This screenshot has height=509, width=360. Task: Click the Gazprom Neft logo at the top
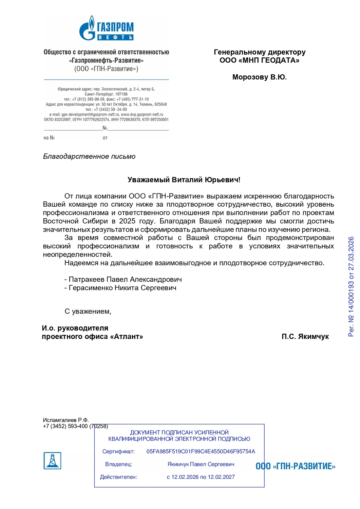pos(106,28)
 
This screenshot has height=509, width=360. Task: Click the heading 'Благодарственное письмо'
pos(89,156)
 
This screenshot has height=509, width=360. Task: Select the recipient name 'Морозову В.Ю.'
pos(259,77)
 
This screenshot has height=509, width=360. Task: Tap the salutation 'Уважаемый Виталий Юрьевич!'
pos(184,180)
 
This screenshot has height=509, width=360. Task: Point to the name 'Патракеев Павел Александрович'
pos(125,280)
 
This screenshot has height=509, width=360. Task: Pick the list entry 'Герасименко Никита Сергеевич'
pos(122,288)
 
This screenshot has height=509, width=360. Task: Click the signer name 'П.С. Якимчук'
pos(305,337)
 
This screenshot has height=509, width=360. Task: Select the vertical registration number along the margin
pos(351,286)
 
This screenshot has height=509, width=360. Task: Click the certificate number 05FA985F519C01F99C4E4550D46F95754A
pos(201,452)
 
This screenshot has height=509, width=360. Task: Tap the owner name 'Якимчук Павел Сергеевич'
pos(201,464)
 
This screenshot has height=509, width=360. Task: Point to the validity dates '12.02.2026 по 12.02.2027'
pos(203,477)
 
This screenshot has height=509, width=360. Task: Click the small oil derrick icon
pos(52,461)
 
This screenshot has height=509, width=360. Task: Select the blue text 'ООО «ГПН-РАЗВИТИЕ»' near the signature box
pos(295,466)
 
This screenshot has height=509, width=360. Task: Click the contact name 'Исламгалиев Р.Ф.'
pos(65,420)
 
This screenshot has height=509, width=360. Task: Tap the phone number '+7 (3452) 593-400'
pos(65,426)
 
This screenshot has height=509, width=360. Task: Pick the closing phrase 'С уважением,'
pos(88,312)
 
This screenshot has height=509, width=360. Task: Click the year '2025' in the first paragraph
pos(127,221)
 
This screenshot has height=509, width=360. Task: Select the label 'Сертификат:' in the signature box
pos(118,452)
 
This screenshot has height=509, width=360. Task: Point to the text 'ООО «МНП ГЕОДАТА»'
pos(259,60)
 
